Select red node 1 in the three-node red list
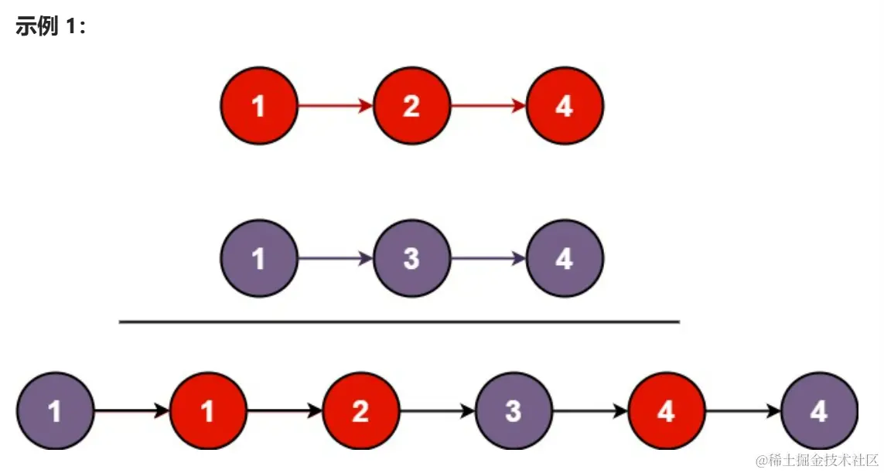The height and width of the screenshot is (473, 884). [x=259, y=106]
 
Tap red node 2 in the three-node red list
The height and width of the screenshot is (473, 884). [x=411, y=106]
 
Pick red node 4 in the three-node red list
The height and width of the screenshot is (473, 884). [x=565, y=106]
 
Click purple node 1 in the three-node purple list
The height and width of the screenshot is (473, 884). [x=259, y=259]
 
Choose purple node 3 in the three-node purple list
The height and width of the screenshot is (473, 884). [x=411, y=259]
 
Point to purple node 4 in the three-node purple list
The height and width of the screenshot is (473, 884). [x=565, y=259]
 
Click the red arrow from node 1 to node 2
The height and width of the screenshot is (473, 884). [x=335, y=106]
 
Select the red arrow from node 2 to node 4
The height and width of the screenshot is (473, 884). [x=488, y=106]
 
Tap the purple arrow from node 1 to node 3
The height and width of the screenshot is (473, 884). [x=335, y=259]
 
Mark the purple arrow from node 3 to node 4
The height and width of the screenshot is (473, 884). [x=488, y=259]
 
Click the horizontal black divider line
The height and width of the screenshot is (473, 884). [x=399, y=322]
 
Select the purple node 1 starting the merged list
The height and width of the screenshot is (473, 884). [x=55, y=411]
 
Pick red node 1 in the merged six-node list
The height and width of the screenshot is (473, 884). [x=208, y=411]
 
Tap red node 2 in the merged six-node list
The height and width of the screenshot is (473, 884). [x=360, y=411]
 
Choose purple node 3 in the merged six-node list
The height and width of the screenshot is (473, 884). [x=514, y=411]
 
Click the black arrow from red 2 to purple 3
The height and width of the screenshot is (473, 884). [x=437, y=411]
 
